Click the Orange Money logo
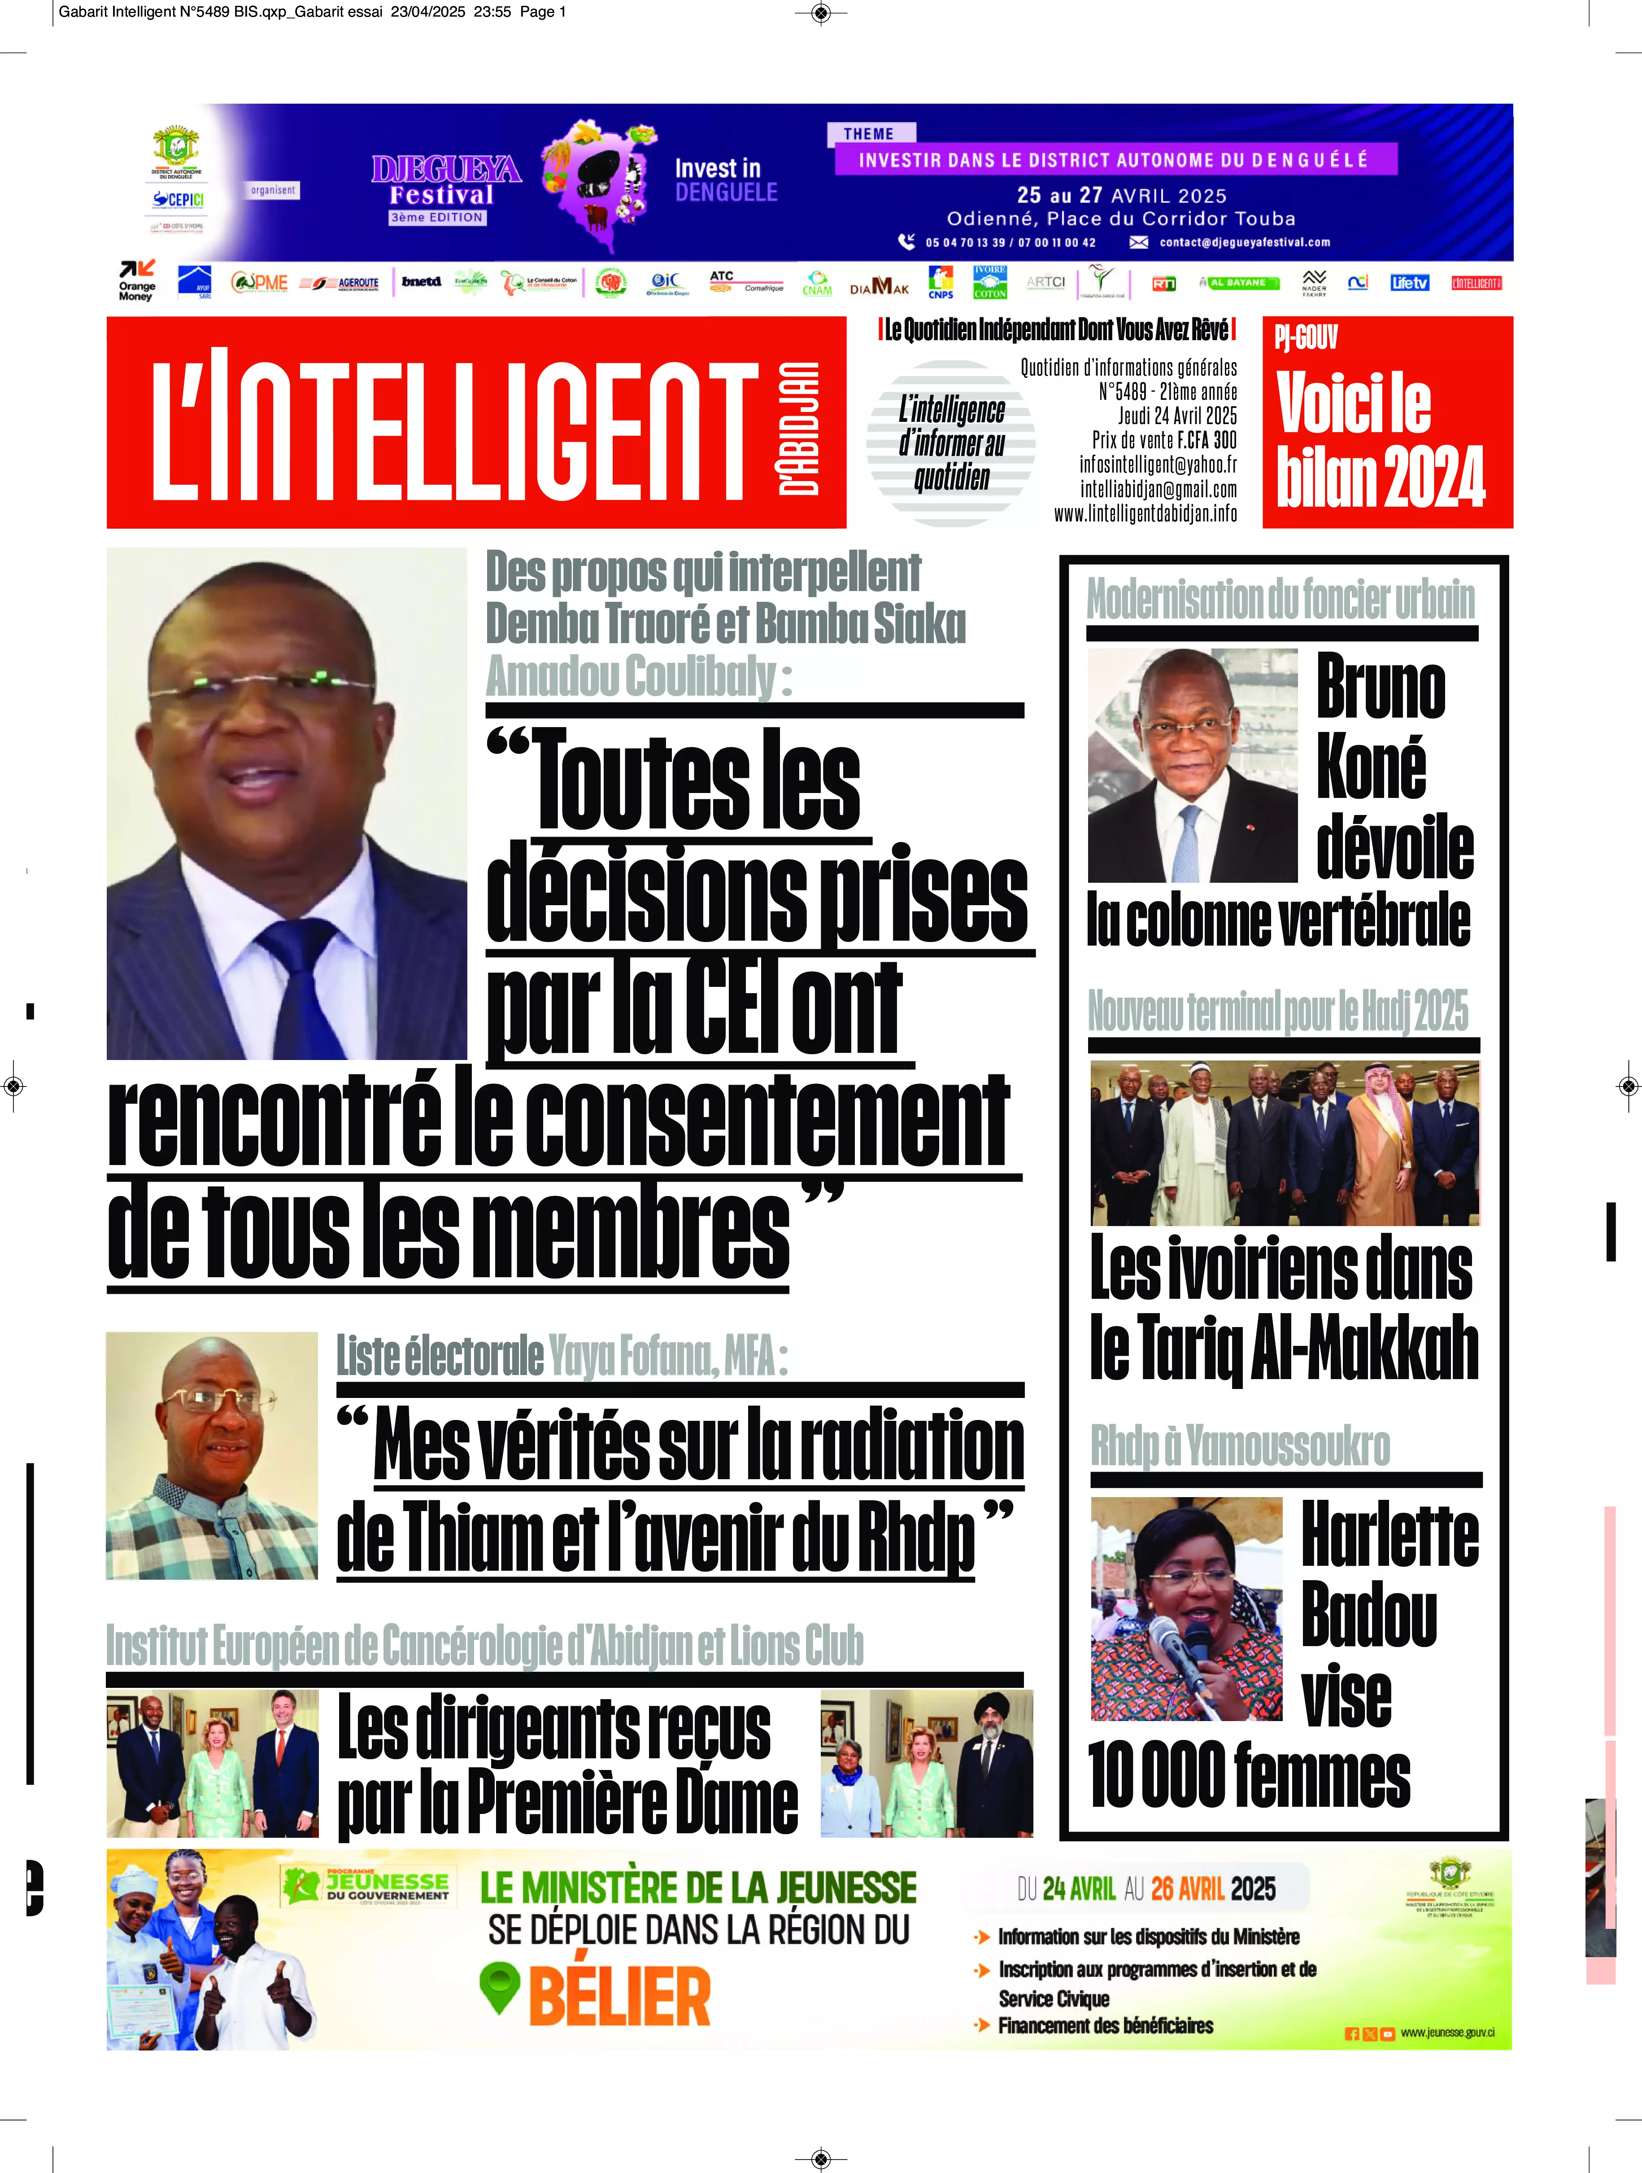click(136, 281)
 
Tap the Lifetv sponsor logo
click(1409, 283)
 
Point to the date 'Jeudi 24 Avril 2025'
click(1176, 416)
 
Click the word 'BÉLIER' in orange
click(620, 1996)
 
